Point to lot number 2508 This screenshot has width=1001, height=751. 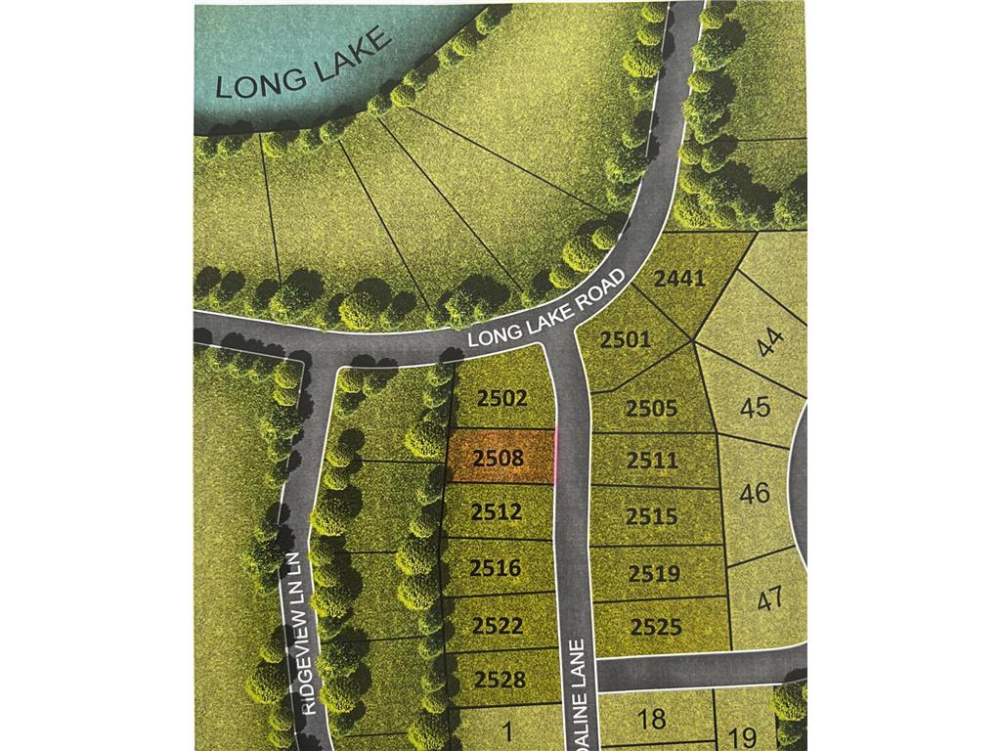(x=499, y=457)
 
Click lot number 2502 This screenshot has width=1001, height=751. (x=503, y=398)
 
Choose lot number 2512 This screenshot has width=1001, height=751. (x=497, y=511)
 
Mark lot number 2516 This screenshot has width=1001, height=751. (x=497, y=567)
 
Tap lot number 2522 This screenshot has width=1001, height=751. (x=498, y=625)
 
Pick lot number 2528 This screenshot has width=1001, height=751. (x=500, y=679)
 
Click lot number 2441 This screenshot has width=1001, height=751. (x=679, y=279)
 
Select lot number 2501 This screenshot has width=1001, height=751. (x=626, y=340)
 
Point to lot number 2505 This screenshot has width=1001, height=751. (x=652, y=408)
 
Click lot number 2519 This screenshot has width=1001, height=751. (x=655, y=573)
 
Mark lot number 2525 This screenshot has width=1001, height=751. (x=656, y=627)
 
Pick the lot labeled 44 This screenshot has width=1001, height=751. (x=771, y=342)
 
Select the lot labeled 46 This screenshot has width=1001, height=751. (x=755, y=493)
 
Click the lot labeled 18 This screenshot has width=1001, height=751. (x=651, y=720)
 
